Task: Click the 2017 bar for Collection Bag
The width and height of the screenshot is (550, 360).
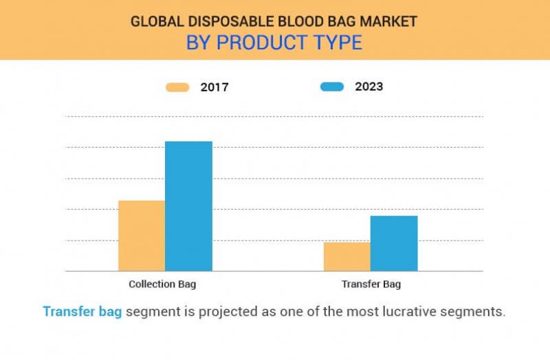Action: (142, 236)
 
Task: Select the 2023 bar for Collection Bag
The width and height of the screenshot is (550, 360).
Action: (188, 206)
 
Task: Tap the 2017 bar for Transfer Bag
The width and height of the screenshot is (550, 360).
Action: (347, 256)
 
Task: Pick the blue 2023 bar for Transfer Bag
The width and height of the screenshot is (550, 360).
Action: (394, 243)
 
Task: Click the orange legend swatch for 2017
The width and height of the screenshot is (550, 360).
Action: (177, 87)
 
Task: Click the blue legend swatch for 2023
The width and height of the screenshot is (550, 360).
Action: (332, 87)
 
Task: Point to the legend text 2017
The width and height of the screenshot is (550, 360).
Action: (214, 87)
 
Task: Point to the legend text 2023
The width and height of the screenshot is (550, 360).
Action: (369, 87)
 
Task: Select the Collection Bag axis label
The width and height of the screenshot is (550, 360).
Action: (166, 284)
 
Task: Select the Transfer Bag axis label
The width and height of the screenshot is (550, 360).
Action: (371, 284)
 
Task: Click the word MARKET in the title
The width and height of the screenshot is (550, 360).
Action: (390, 21)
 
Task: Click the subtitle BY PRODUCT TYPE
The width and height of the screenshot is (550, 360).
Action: (274, 43)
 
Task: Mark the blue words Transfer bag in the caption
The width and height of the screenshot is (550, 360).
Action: (82, 311)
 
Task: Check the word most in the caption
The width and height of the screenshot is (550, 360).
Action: (374, 311)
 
